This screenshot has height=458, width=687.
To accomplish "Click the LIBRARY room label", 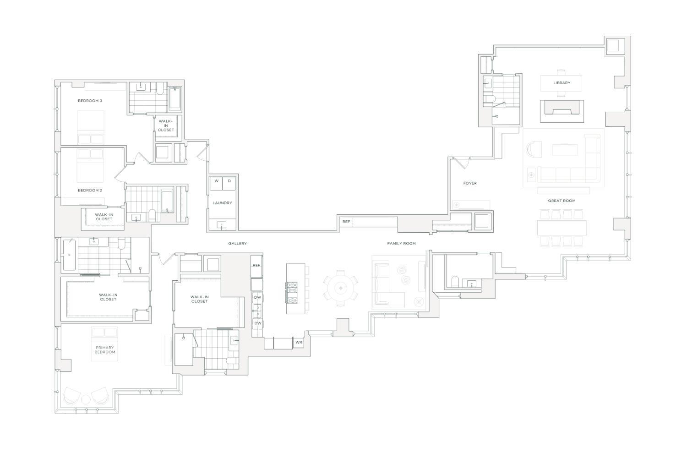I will tap(562, 83).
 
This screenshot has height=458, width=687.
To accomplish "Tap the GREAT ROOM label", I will tap(562, 201).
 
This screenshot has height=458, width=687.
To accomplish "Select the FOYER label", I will tap(470, 183).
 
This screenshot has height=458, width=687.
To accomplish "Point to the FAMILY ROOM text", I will tap(401, 243).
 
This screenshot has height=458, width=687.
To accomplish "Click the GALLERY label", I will tap(237, 243).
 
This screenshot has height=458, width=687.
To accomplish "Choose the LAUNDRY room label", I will tap(222, 203).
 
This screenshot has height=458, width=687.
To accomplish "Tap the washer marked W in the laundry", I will tap(216, 181).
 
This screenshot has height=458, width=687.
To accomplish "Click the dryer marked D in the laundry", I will tap(229, 181).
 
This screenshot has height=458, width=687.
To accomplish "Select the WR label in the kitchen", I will tap(299, 342).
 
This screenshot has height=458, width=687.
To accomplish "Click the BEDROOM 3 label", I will tap(90, 100).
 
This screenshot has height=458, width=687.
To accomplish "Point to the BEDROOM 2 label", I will tap(90, 190).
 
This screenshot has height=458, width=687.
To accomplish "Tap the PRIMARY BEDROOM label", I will tap(105, 350).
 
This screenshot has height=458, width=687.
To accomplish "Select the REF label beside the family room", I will tap(346, 222).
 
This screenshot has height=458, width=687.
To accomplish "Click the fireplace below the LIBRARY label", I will tap(562, 111).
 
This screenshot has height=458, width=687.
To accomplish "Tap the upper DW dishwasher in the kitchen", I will tap(257, 298).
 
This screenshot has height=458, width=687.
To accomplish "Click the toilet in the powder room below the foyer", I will tap(455, 281).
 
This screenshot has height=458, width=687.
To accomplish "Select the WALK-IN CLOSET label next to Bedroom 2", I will tap(104, 217).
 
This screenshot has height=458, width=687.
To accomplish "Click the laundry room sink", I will tap(222, 224).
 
